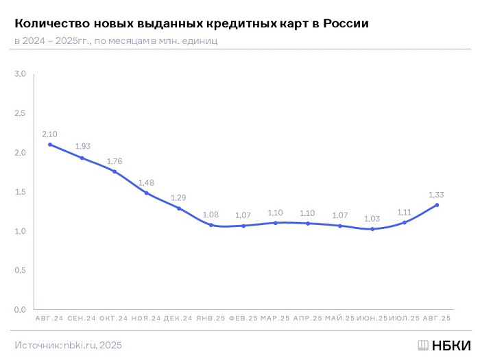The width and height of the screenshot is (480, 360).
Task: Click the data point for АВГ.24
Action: (x=50, y=145)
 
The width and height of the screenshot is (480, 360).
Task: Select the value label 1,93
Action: (x=82, y=146)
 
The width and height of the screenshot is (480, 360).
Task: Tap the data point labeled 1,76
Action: (x=115, y=171)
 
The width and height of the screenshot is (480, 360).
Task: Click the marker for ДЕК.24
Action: (x=179, y=208)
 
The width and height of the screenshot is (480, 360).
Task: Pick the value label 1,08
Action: (x=211, y=215)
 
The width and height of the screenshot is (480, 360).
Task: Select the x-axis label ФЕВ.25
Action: (x=243, y=319)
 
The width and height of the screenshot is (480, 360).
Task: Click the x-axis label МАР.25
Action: (x=276, y=319)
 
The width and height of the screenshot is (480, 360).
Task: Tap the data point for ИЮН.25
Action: (x=372, y=229)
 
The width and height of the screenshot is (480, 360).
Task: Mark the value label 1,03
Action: (x=372, y=218)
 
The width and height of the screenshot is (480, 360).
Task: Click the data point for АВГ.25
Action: (x=437, y=205)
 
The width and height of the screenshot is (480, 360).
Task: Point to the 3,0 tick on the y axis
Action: (x=20, y=74)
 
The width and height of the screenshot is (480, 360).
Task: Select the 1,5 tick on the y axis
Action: (x=20, y=192)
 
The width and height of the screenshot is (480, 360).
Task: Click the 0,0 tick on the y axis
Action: (x=20, y=310)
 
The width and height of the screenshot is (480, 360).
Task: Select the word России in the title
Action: (x=341, y=23)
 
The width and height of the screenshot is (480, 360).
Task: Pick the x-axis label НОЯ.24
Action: (x=147, y=319)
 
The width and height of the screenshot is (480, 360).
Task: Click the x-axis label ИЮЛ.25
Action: (x=405, y=319)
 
